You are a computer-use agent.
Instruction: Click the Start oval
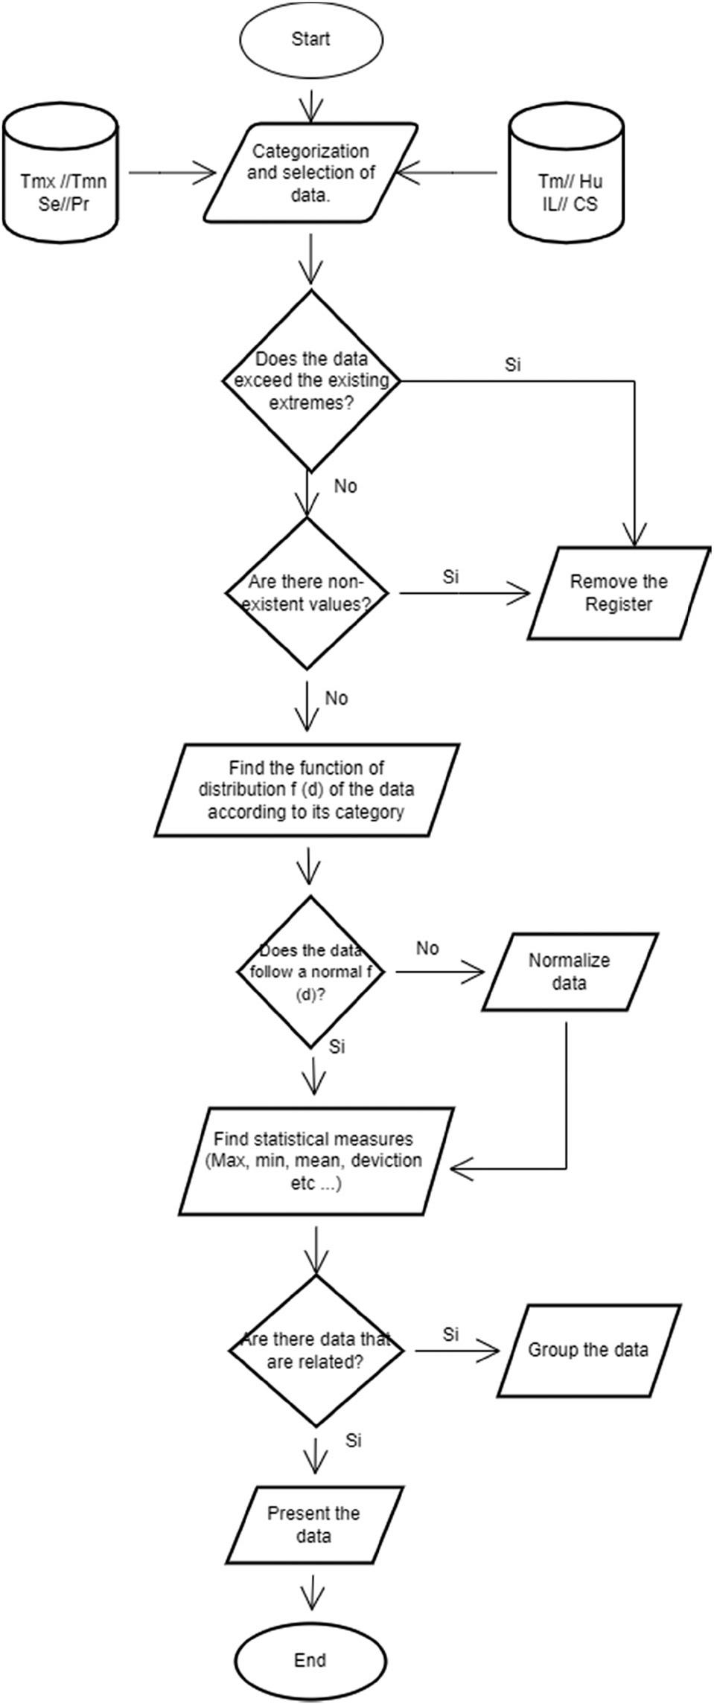tap(311, 39)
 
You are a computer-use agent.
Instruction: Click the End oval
tap(310, 1660)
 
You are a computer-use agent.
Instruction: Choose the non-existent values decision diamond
tap(311, 592)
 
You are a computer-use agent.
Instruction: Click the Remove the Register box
tap(618, 592)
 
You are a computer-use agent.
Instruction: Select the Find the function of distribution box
tap(306, 789)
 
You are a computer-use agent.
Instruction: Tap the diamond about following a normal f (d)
tap(311, 972)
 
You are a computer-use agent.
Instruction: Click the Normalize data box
tap(570, 972)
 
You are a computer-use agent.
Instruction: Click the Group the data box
tap(588, 1351)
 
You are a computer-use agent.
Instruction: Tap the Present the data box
tap(313, 1525)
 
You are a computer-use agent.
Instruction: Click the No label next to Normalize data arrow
tap(427, 949)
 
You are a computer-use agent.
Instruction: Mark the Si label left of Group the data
tap(450, 1334)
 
